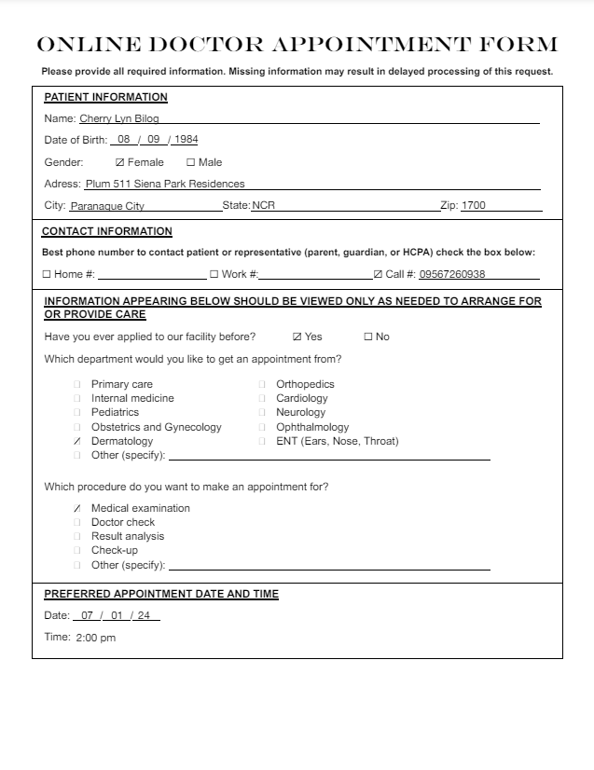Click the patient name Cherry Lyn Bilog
click(119, 118)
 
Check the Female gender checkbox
click(119, 162)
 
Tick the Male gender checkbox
click(190, 162)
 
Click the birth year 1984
click(186, 140)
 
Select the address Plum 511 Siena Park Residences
click(165, 184)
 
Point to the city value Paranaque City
click(107, 206)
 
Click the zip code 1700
click(474, 206)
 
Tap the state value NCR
click(264, 206)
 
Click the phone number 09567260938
click(452, 275)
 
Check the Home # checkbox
click(47, 275)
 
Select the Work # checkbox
click(214, 275)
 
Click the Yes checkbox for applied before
click(297, 337)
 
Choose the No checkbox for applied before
click(367, 337)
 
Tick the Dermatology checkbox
click(77, 441)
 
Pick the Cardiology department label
click(301, 398)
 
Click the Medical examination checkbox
click(77, 508)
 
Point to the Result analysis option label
click(128, 536)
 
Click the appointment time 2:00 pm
click(96, 639)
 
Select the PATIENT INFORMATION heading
click(106, 97)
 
